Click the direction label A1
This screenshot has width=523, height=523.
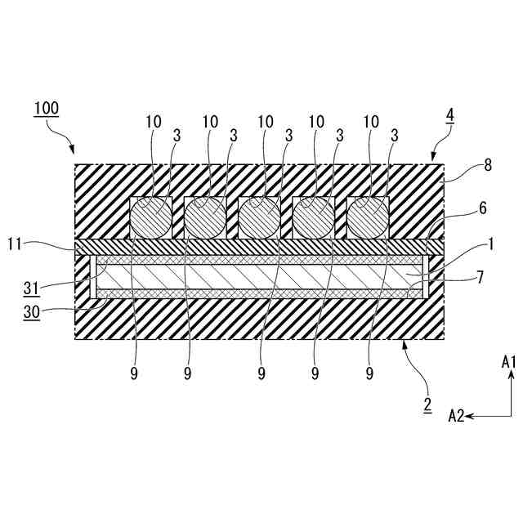[x=509, y=360]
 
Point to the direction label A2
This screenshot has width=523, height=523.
[x=456, y=416]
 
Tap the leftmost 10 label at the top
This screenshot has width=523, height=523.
[x=154, y=122]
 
